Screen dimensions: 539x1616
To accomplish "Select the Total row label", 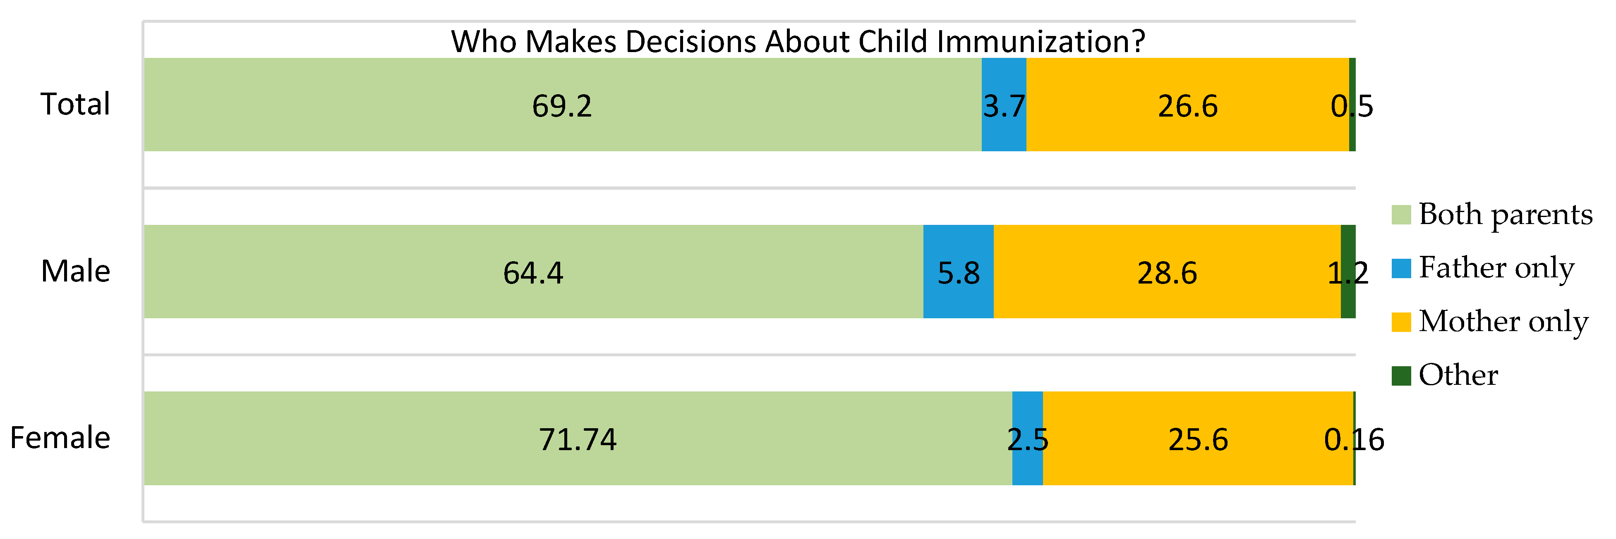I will (75, 104).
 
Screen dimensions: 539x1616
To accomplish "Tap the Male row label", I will (75, 272).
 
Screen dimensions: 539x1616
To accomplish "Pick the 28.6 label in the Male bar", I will (1167, 273).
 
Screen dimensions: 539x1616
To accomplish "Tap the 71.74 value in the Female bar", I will (578, 439).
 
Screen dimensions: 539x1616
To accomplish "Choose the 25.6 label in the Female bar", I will (1198, 439).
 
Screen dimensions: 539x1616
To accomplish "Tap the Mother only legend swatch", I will (1401, 322).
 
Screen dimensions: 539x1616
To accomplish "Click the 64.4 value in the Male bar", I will (533, 273).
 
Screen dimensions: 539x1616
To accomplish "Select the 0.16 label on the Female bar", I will (1354, 439).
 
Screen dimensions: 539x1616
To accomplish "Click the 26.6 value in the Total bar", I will (1187, 106).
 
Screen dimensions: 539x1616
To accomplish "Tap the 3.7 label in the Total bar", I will (1004, 106).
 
